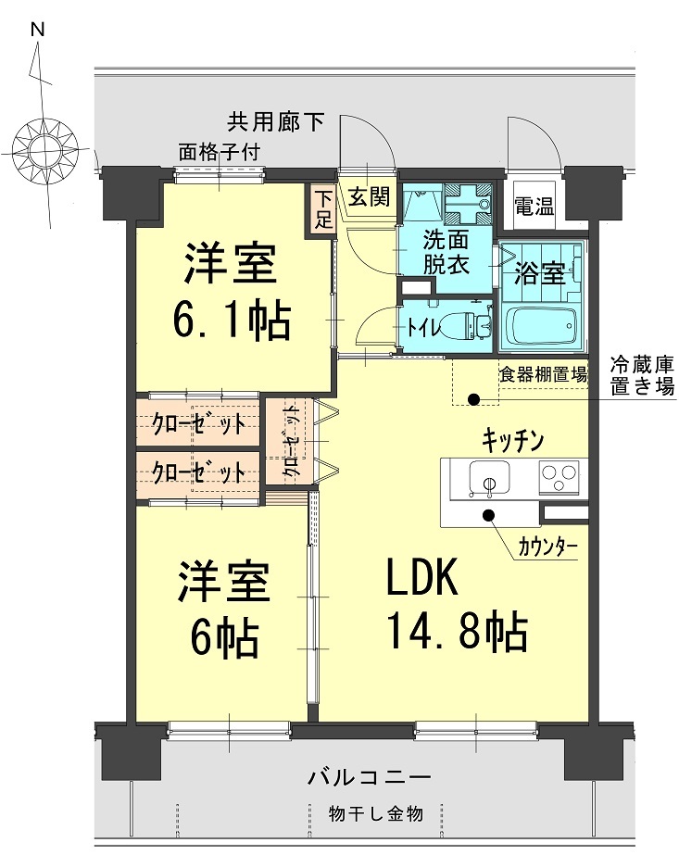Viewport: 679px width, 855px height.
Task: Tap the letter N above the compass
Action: point(38,29)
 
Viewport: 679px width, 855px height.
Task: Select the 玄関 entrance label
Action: point(369,196)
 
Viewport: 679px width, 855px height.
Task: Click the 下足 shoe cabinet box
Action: point(321,209)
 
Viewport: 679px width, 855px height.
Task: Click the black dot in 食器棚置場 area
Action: point(473,400)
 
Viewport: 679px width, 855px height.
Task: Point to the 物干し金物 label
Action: point(376,814)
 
